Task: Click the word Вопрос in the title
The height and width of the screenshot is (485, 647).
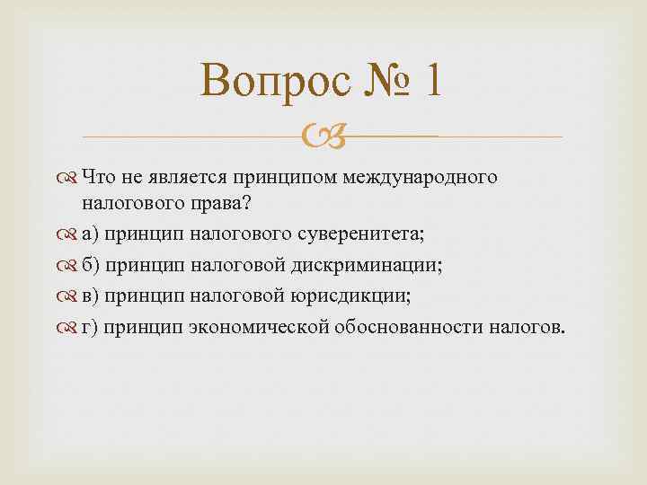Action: [269, 84]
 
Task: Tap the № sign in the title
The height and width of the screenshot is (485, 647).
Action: [369, 84]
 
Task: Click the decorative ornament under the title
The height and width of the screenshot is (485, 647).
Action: [321, 137]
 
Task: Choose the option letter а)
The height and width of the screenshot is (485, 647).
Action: [90, 234]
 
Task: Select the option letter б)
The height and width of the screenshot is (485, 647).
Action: [90, 266]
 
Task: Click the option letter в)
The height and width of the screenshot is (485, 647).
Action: [90, 296]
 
